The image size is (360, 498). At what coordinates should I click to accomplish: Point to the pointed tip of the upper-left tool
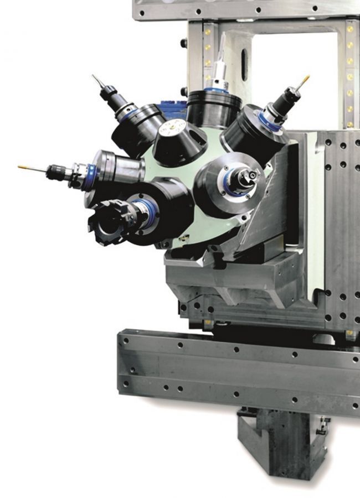(95, 78)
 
